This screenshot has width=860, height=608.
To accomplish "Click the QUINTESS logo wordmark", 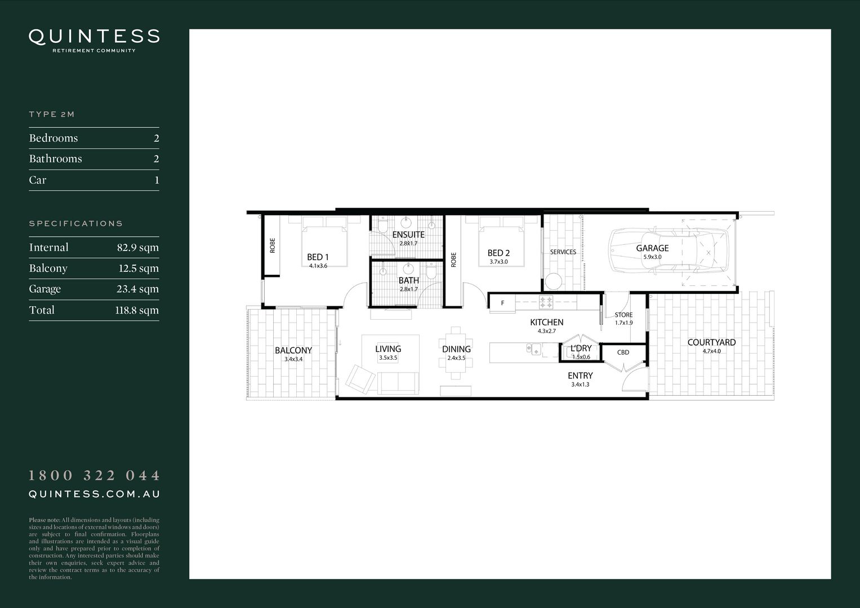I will (94, 37).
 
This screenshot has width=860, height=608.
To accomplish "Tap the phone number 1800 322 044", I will (94, 476).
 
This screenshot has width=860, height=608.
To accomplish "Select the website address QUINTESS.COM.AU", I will (94, 494).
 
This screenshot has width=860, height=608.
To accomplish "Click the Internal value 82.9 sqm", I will (137, 248).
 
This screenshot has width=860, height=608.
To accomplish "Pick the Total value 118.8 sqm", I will (137, 310).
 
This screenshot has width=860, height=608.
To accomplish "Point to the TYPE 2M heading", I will (52, 114).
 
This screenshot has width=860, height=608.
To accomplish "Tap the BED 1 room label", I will (318, 257).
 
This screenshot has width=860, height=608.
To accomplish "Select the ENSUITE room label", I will (408, 235).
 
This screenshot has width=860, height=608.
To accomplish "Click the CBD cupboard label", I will (623, 352).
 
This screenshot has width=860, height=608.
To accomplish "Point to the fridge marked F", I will (502, 303).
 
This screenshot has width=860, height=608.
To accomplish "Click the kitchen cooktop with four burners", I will (546, 302).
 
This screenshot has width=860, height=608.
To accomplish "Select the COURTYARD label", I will (711, 342).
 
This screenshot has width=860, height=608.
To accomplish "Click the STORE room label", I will (623, 315).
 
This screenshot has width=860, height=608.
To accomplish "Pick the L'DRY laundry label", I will (581, 348).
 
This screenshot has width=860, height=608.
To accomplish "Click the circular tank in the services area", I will (553, 281).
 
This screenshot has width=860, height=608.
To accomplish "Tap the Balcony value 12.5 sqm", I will (139, 269).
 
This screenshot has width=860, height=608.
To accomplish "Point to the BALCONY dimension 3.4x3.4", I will (293, 359).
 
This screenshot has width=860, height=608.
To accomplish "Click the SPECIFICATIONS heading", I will (75, 223).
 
